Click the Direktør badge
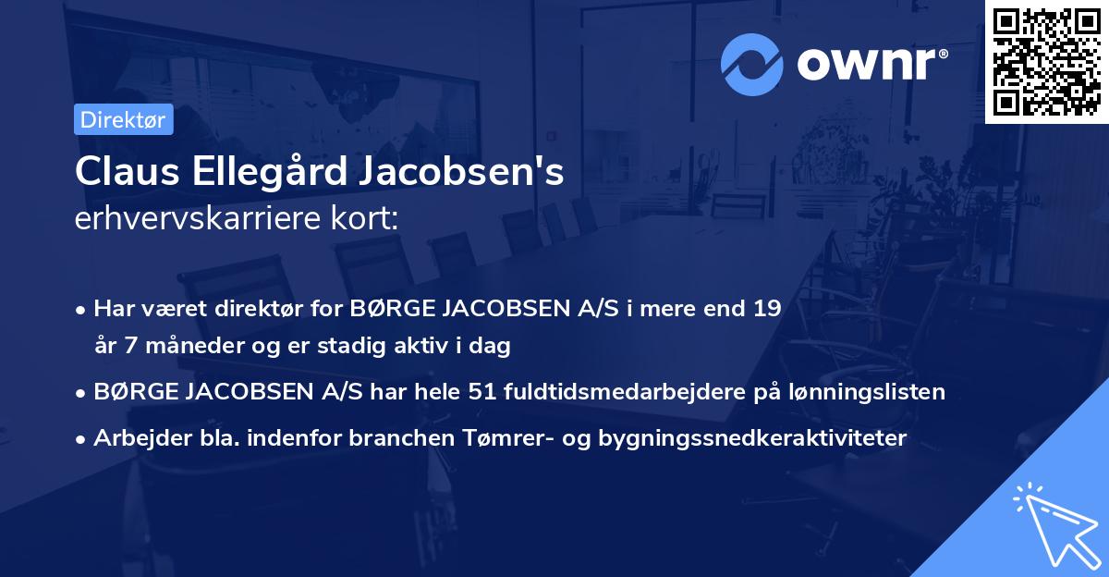[123, 120]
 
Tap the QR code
[1046, 61]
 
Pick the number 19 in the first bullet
[766, 309]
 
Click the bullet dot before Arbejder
[82, 438]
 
